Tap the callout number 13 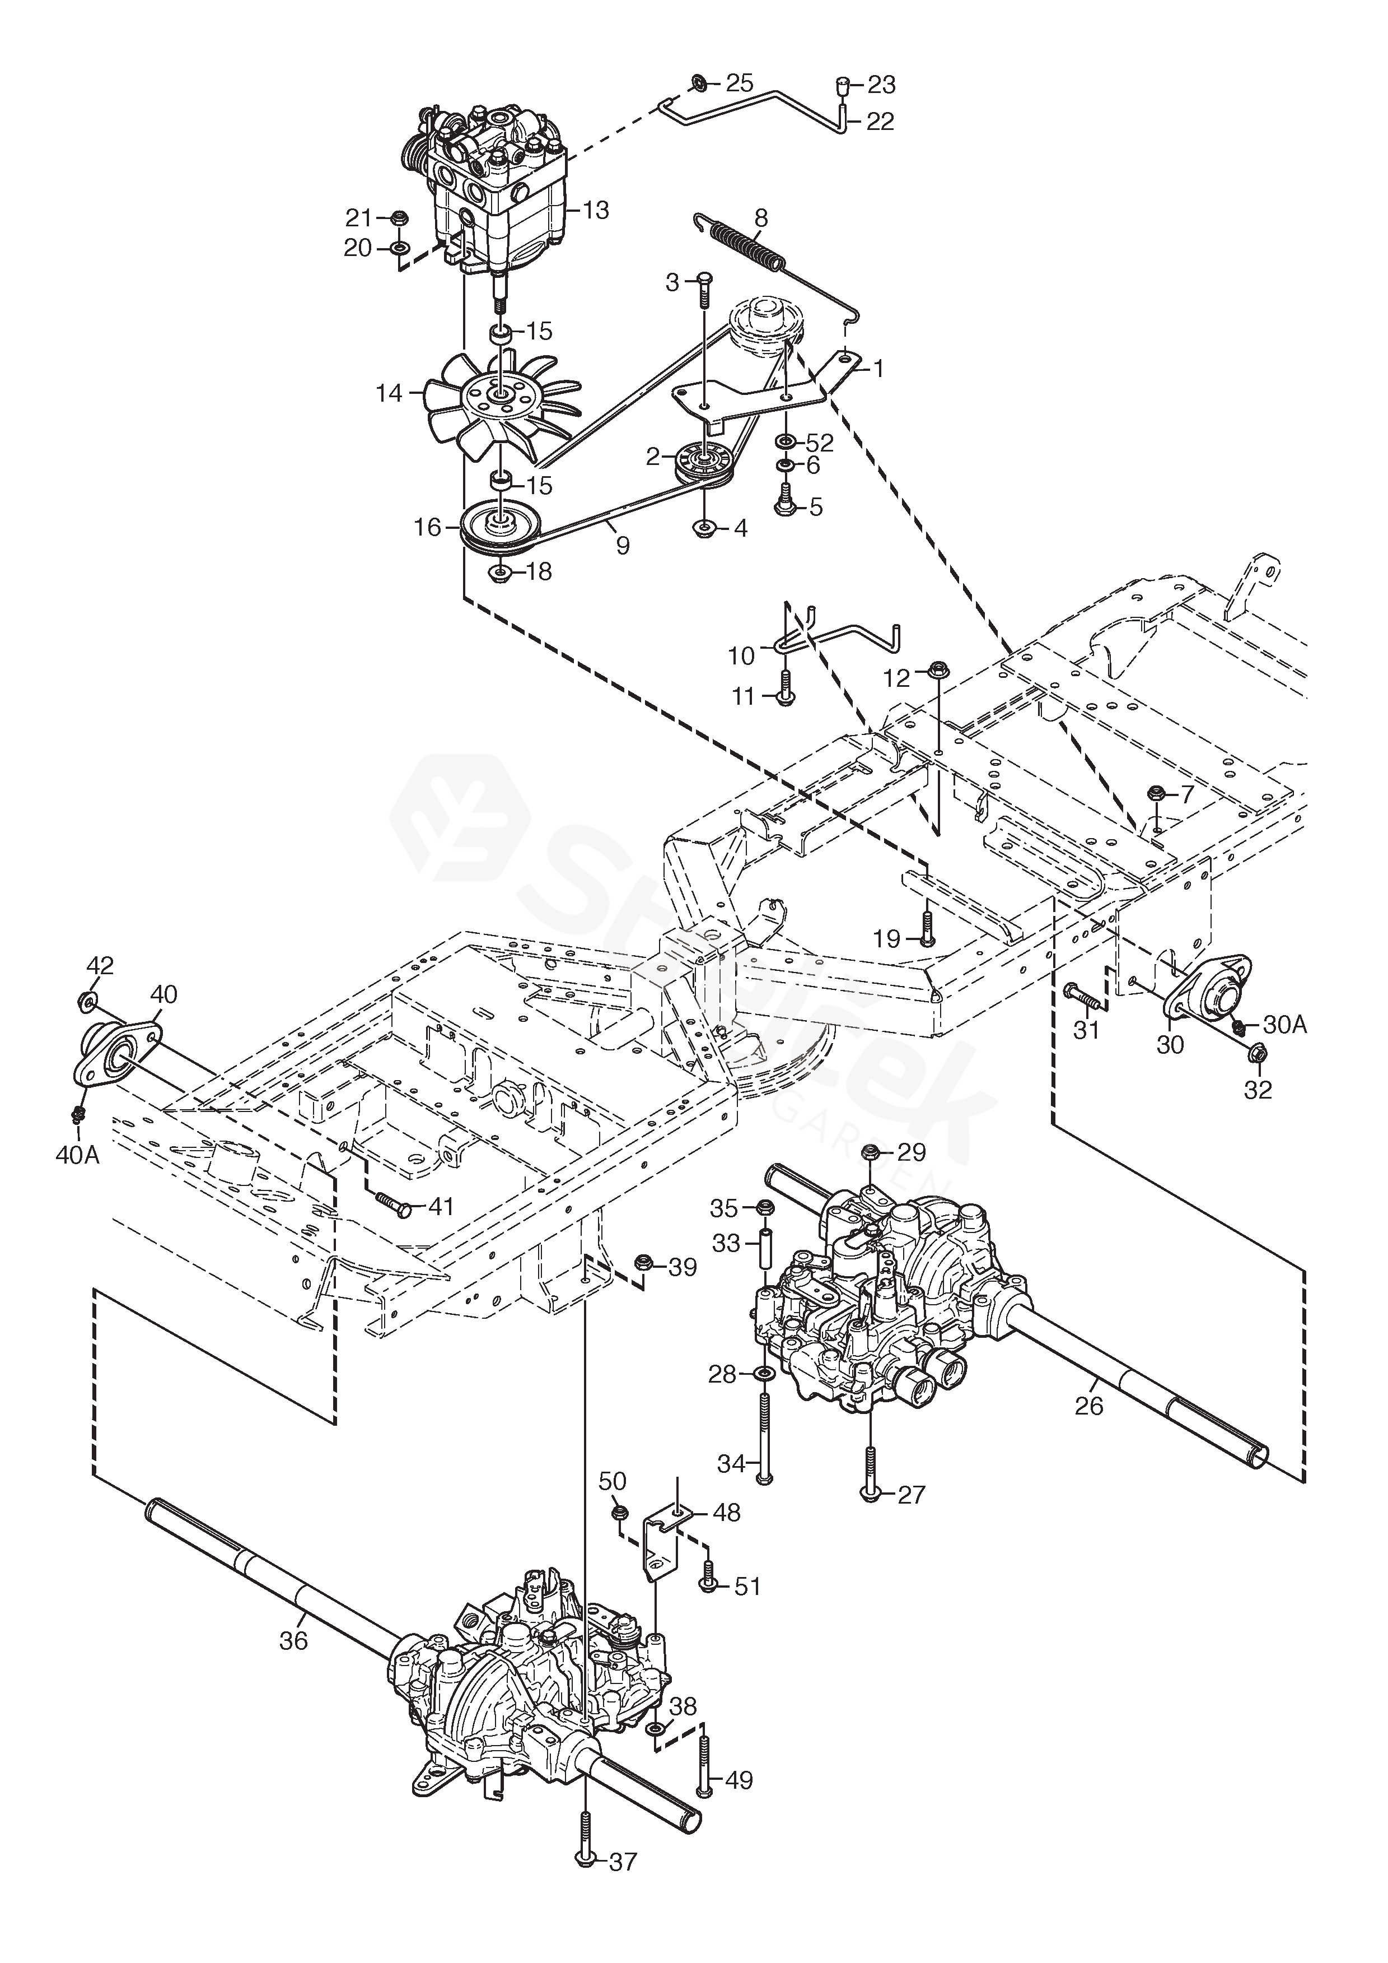(x=596, y=210)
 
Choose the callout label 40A (x=78, y=1156)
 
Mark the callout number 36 (x=293, y=1641)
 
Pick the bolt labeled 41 (x=393, y=1206)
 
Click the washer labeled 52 (x=784, y=442)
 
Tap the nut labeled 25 (x=698, y=83)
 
